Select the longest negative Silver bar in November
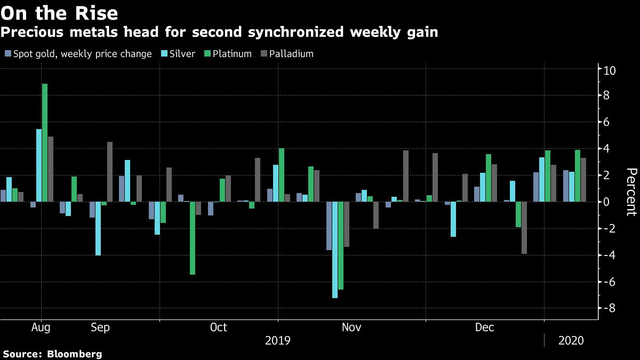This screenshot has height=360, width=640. coord(335,250)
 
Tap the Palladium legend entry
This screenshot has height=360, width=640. coord(291,54)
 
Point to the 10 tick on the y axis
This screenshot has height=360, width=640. coord(610,70)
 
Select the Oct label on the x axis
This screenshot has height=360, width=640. coord(219,327)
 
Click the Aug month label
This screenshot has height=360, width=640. coord(41,327)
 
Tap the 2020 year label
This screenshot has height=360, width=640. coord(570,340)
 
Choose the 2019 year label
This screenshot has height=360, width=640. coord(278,340)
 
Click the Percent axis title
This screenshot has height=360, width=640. coord(631,192)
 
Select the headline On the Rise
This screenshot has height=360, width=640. coord(59,13)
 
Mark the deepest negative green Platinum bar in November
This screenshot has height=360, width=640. coord(341,246)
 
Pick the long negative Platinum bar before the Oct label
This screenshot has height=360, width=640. coord(193,238)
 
